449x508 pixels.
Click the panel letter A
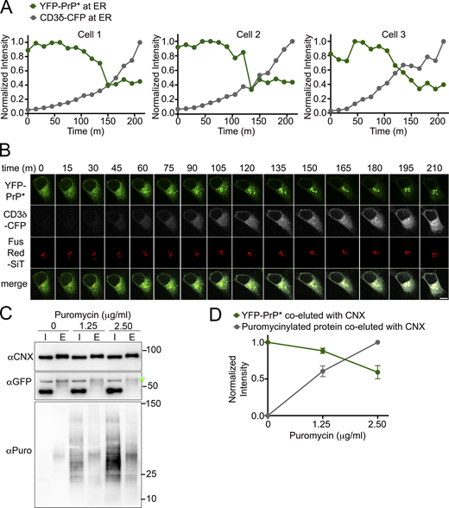[x=7, y=8]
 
